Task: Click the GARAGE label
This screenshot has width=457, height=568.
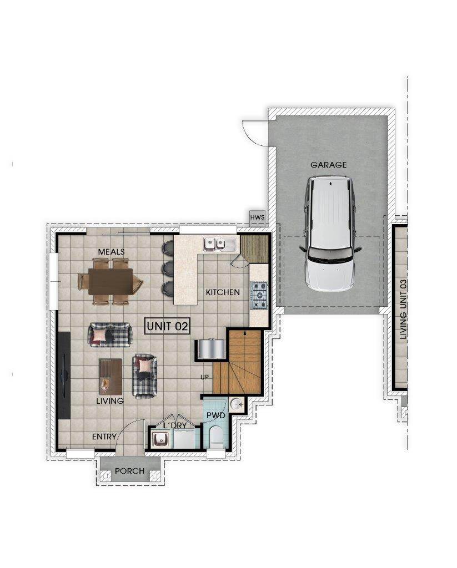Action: click(x=329, y=165)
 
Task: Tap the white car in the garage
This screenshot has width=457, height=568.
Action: click(x=330, y=234)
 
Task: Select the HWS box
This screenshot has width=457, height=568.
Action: click(x=258, y=217)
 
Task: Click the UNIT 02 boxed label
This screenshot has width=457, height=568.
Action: click(x=168, y=326)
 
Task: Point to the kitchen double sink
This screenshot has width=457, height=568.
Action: click(x=214, y=244)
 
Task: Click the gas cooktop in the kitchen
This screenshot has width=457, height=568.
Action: click(x=260, y=295)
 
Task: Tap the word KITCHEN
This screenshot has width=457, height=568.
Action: click(x=223, y=292)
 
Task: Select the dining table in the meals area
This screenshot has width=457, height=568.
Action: click(x=110, y=281)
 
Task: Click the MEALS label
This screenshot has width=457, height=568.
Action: click(x=112, y=251)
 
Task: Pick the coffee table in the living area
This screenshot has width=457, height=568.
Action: click(x=111, y=377)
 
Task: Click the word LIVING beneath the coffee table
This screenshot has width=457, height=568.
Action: click(x=110, y=401)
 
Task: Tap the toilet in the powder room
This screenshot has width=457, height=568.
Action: click(x=217, y=438)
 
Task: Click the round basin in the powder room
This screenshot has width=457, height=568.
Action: click(x=237, y=404)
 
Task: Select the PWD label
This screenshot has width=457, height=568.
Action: click(x=216, y=415)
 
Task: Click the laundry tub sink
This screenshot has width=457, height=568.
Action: click(x=159, y=440)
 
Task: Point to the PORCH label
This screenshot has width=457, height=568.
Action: click(x=129, y=471)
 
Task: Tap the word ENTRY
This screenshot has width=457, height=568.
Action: click(x=104, y=437)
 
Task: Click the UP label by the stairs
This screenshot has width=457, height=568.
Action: click(x=204, y=377)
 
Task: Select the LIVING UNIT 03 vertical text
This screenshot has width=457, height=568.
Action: click(x=404, y=309)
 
